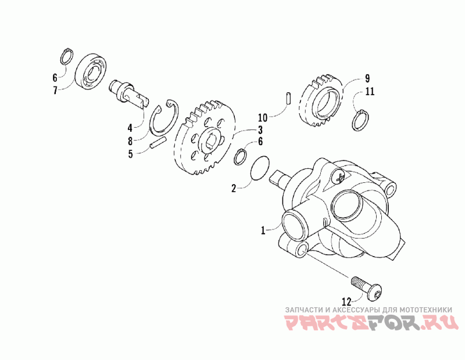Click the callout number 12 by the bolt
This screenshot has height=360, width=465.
click(x=346, y=301)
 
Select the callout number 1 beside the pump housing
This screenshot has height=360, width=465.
click(x=263, y=230)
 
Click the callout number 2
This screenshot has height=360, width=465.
click(x=234, y=188)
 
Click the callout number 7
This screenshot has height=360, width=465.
click(x=55, y=89)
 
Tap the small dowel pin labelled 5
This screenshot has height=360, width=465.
click(x=159, y=142)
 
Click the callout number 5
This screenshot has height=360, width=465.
click(x=131, y=154)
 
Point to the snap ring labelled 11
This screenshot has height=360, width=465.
click(x=362, y=120)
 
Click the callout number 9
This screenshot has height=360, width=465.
click(x=367, y=78)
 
